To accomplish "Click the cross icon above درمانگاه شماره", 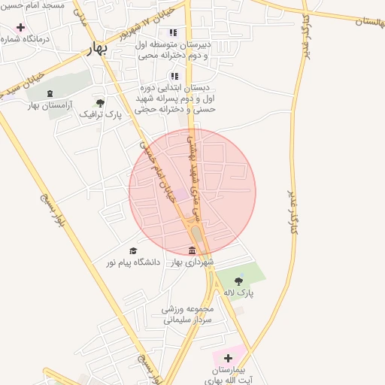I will [20, 27].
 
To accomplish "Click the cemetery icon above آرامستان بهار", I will [50, 94].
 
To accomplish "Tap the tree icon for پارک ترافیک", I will [101, 102].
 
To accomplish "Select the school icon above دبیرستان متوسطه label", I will [174, 33].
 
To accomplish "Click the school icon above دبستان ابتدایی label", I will [174, 76].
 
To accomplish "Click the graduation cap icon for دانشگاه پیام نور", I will [134, 250].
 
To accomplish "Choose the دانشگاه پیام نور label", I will [132, 262].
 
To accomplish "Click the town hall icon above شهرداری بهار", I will [193, 250].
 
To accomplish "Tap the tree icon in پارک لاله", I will [239, 281].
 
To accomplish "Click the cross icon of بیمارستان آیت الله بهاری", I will [228, 357].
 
